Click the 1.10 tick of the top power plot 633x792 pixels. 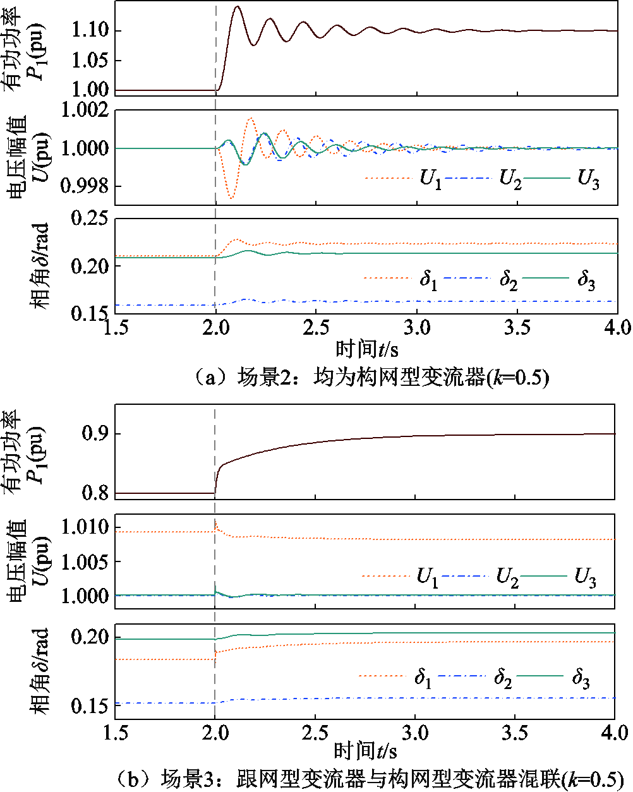[91, 30]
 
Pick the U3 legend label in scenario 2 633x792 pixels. [588, 179]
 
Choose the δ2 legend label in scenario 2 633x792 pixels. [509, 280]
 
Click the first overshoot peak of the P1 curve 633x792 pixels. [237, 7]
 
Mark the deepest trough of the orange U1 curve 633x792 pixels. [231, 199]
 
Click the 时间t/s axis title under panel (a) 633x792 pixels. [366, 349]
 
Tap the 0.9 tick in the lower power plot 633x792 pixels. [96, 434]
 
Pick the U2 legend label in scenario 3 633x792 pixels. [507, 577]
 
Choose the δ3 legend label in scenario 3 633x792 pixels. [581, 679]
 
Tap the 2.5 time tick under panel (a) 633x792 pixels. [316, 327]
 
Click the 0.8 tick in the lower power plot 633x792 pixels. [96, 493]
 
